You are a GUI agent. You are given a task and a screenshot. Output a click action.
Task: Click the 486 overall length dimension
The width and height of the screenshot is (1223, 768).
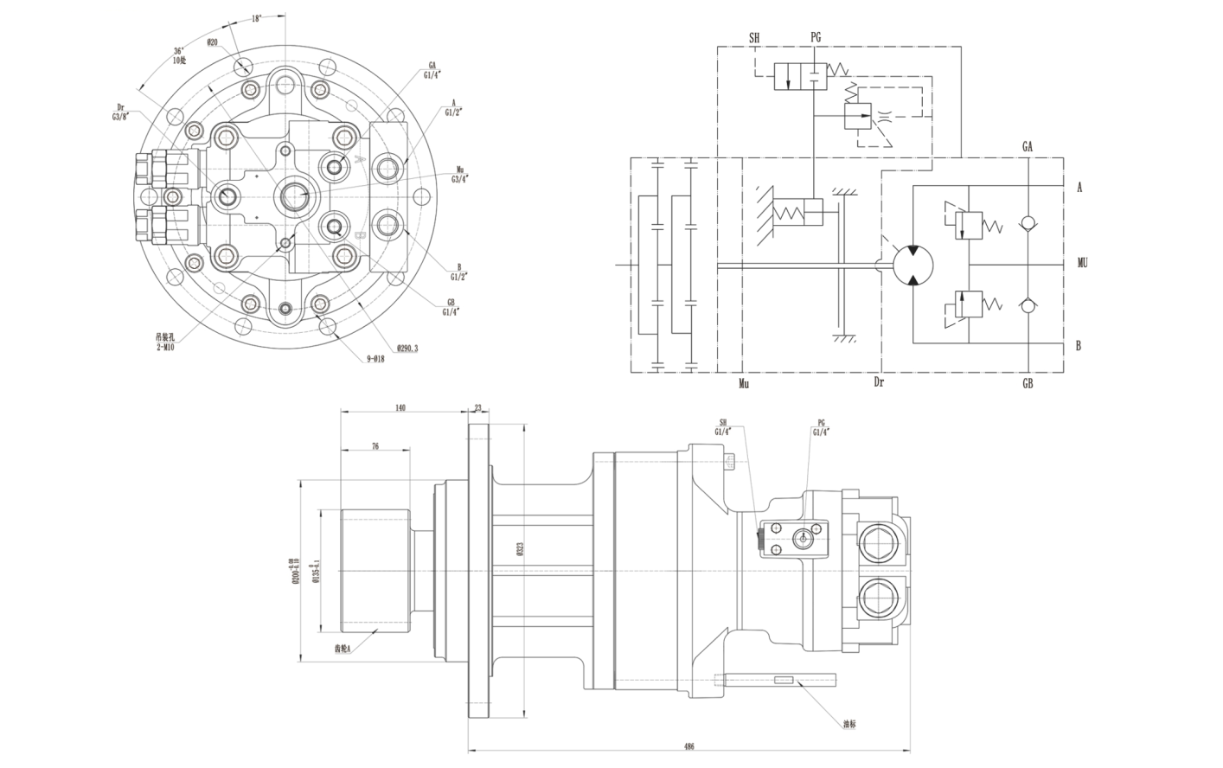coord(688,745)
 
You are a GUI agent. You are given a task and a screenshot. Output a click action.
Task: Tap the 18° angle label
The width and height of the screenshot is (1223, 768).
coord(257,18)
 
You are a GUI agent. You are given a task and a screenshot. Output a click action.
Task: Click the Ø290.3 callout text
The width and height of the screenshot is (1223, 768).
coord(408,349)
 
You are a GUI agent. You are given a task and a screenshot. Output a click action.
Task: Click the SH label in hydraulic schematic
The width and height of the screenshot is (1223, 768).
coord(754,37)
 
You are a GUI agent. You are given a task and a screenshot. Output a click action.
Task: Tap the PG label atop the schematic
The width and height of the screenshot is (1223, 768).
coord(816,37)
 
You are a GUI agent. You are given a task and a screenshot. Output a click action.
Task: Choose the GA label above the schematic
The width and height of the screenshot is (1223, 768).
coord(1028,147)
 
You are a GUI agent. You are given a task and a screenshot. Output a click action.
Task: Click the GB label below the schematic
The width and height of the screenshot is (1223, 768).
coord(1028,383)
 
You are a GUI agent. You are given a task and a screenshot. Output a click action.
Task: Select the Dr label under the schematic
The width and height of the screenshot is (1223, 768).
coord(879,383)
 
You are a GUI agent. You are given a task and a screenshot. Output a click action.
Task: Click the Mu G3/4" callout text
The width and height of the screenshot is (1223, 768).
coord(460,175)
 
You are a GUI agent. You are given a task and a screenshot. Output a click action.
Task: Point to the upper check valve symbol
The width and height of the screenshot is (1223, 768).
coord(1028,223)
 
